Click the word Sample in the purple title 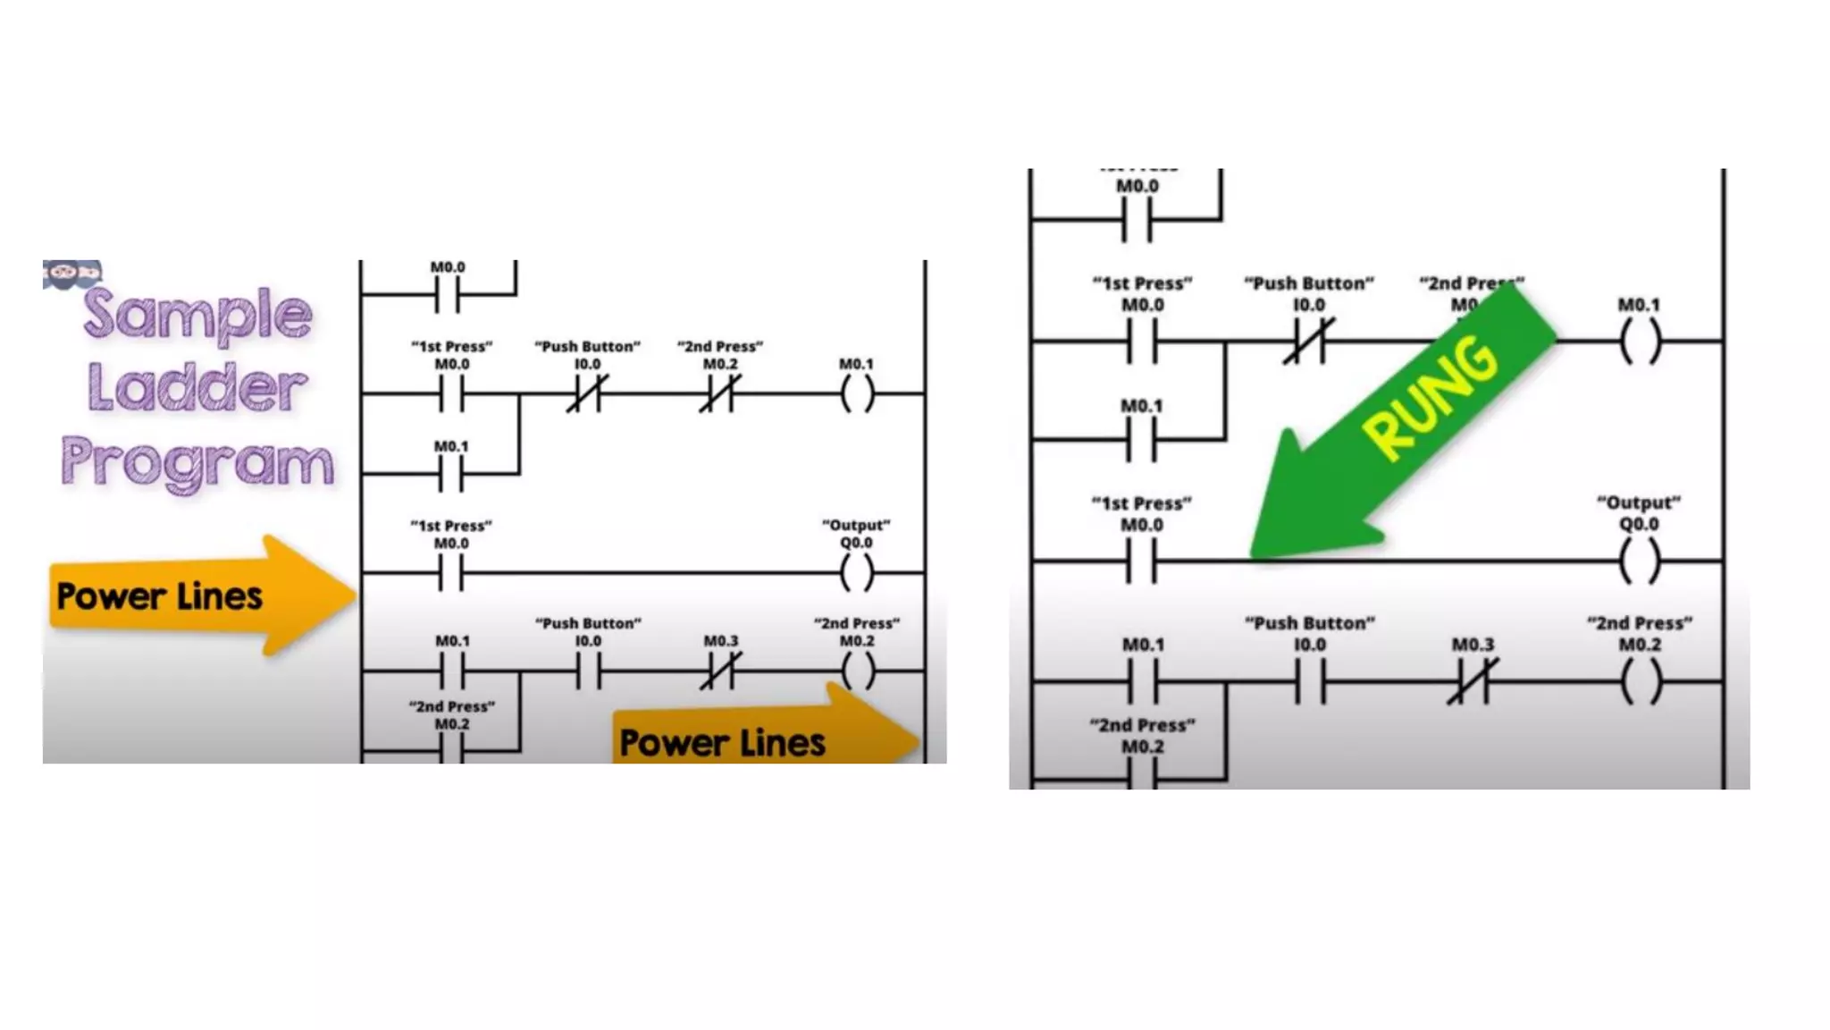click(x=198, y=315)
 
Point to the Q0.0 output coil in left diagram click(x=856, y=572)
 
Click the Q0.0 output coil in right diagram click(x=1640, y=561)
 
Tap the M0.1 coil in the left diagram click(x=856, y=393)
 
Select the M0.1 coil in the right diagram click(x=1640, y=341)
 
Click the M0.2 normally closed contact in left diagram click(x=720, y=393)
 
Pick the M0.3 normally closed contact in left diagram click(x=720, y=671)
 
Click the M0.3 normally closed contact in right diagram click(x=1473, y=681)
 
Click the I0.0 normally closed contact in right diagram click(x=1309, y=341)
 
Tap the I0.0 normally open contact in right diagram click(x=1310, y=681)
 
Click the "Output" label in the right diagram click(x=1639, y=502)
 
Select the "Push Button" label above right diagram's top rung click(x=1309, y=283)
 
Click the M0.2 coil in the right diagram click(x=1640, y=681)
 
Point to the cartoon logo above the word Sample click(x=71, y=274)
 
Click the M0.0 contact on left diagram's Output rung click(x=451, y=572)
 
